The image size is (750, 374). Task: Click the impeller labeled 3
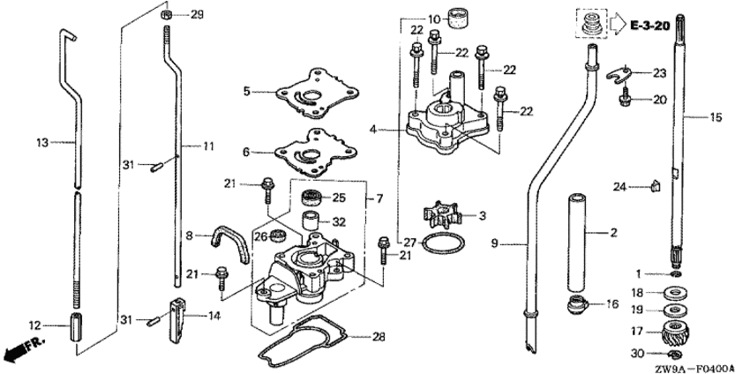(441, 217)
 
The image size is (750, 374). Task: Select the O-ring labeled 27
(442, 245)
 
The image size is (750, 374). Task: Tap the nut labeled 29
(167, 14)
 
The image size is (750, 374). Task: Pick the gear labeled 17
(674, 332)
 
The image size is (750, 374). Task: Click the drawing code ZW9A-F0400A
(694, 368)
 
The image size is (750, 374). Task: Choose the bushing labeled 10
(458, 19)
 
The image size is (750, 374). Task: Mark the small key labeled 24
(656, 185)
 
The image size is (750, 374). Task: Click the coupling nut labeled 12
(76, 326)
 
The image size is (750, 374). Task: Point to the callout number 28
(379, 337)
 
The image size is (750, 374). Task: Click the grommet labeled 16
(577, 304)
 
